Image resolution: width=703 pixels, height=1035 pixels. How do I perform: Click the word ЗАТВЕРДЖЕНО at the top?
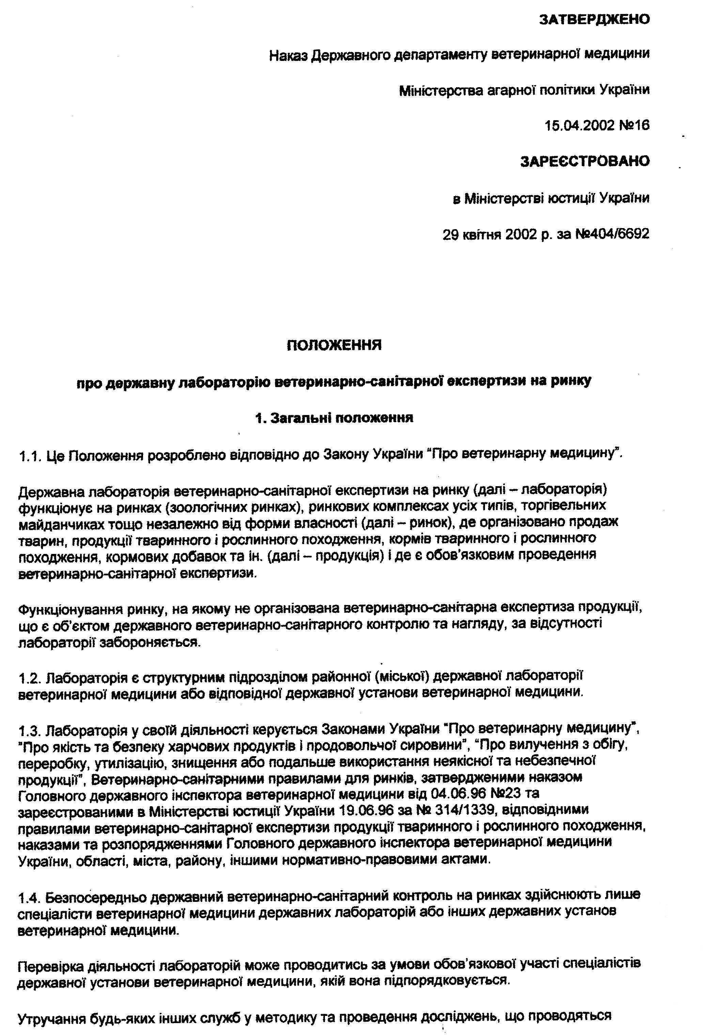[x=594, y=20]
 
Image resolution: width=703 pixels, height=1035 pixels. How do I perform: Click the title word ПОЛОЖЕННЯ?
[x=334, y=345]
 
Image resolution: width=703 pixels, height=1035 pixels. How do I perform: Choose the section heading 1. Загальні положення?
[x=334, y=418]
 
